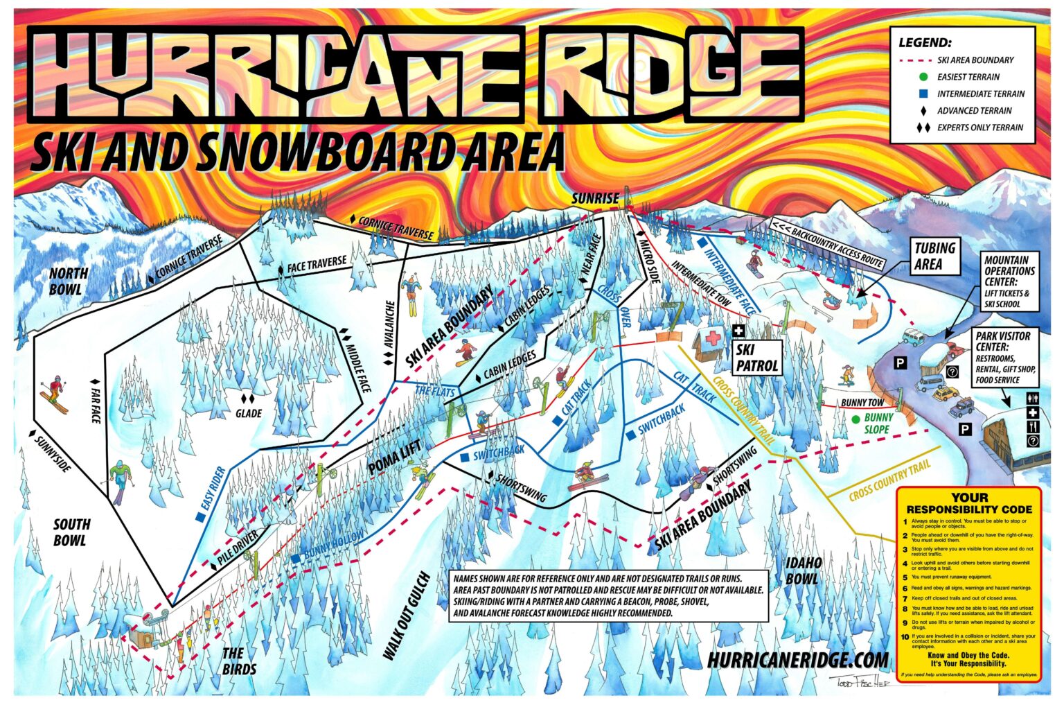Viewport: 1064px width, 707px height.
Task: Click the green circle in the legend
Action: click(923, 77)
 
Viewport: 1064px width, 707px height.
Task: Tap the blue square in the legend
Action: click(923, 94)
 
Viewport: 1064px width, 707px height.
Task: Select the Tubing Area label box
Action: click(934, 256)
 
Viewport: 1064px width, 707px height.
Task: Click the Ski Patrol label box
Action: click(756, 358)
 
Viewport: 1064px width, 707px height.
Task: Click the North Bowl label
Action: click(69, 281)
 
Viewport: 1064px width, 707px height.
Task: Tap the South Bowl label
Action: click(71, 532)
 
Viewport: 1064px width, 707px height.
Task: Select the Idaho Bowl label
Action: click(804, 570)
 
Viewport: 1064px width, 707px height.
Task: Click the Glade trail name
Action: click(248, 413)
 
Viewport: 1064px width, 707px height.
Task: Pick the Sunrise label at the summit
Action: click(594, 198)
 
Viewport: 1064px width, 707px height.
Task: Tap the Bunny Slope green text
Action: click(878, 424)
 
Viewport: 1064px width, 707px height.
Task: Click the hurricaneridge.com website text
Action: click(797, 661)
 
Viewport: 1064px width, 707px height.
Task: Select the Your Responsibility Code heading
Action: click(969, 503)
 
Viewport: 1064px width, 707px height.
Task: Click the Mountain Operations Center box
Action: click(1009, 281)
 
